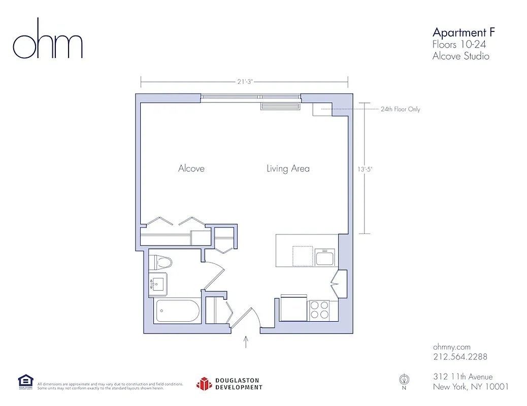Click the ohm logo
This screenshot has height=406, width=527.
coord(48,40)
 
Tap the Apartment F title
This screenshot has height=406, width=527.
coord(463,33)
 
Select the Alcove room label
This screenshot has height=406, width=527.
coord(191,168)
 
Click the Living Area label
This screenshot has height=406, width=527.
coord(288,168)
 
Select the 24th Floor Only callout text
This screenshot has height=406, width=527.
coord(400,109)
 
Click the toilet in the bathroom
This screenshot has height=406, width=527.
coord(162,262)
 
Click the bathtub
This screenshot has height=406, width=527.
coord(178,311)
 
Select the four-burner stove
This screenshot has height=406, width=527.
coord(319,310)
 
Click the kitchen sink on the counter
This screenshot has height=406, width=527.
coord(325,257)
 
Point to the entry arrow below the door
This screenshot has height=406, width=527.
coord(247,341)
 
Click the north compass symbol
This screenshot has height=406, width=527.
coord(404,380)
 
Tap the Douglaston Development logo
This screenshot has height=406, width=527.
coord(229,384)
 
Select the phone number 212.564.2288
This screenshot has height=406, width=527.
coord(460,357)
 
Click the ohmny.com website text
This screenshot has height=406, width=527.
coord(452,346)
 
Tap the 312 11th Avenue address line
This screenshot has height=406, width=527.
coord(463,377)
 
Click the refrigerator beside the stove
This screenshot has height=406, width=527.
coord(294,309)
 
